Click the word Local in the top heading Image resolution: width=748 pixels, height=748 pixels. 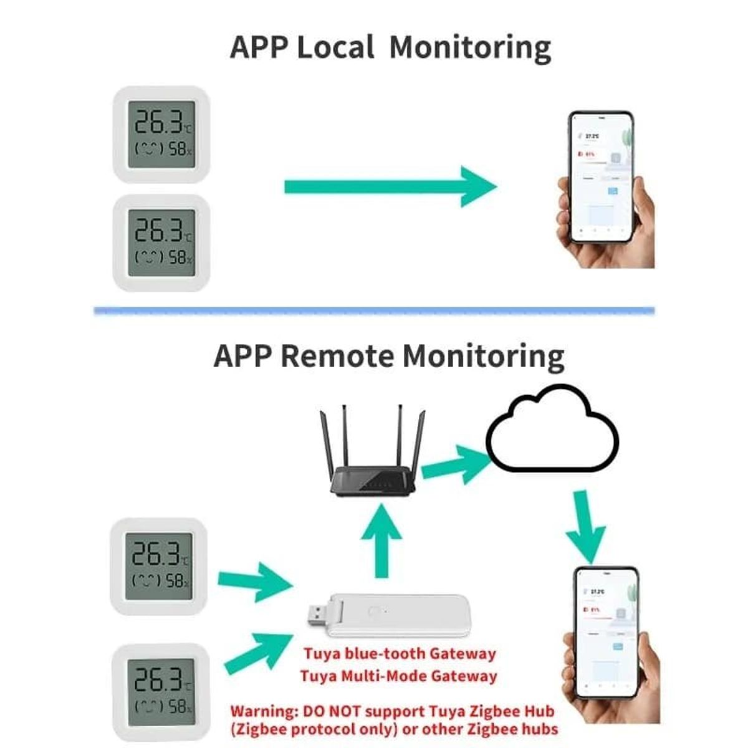click(x=336, y=47)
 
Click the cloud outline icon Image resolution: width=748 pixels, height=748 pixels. click(x=552, y=430)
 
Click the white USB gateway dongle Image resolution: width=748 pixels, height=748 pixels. click(x=399, y=615)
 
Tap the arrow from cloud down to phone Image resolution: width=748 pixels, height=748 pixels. click(x=585, y=527)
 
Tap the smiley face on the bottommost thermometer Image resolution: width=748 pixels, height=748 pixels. click(x=148, y=707)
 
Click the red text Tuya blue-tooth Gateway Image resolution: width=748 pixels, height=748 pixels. click(x=400, y=654)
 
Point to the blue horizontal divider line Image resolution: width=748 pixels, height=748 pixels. click(x=374, y=310)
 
